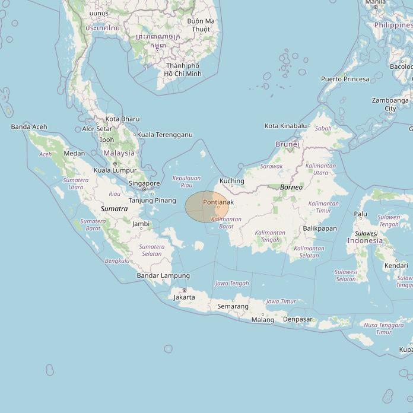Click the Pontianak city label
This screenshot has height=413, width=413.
[218, 202]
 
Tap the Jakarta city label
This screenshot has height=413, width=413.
[184, 297]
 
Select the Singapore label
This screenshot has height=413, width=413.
[144, 184]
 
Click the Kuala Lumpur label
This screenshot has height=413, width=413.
[115, 170]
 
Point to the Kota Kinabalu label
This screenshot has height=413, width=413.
[285, 126]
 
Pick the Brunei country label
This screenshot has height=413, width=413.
[287, 144]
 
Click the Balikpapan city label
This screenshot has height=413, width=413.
[319, 228]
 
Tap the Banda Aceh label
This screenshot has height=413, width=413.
[29, 127]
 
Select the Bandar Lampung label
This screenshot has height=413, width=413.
[163, 275]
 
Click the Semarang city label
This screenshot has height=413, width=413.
[233, 306]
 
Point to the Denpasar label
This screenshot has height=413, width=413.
[297, 319]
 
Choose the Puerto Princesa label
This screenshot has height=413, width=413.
[345, 79]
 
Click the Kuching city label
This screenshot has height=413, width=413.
[231, 181]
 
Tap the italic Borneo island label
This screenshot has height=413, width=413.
[291, 187]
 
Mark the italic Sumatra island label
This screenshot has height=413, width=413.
[114, 209]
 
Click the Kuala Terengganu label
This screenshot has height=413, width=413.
[164, 135]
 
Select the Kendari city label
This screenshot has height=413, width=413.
[396, 265]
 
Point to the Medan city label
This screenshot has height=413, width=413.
[74, 153]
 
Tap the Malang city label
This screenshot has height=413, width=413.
[263, 320]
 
